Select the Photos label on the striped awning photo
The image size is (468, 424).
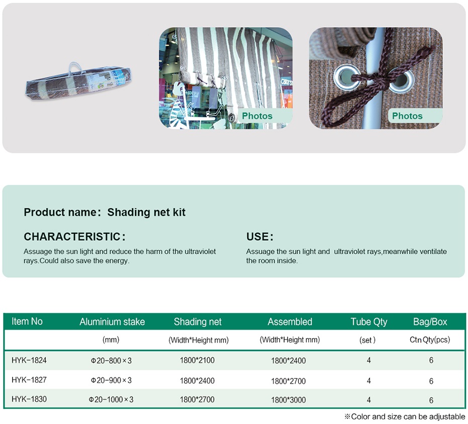coord(257,116)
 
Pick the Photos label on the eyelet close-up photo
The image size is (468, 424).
coord(407,116)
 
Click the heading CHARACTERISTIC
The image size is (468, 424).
coord(74,237)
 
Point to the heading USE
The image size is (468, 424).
coord(259,237)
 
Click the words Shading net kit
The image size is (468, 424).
coord(146,212)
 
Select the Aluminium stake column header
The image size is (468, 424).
coord(112,322)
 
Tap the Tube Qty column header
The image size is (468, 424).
coord(368,322)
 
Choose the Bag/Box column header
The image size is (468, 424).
coord(430,322)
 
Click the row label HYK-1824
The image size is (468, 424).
coord(29,360)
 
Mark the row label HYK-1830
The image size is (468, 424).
coord(29,399)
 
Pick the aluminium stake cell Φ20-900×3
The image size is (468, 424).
coord(111,380)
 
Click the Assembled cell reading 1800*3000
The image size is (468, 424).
coord(289,400)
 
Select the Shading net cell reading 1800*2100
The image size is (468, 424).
coord(197,360)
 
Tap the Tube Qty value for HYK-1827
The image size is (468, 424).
coord(368,381)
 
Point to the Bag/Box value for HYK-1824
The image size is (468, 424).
coord(431,360)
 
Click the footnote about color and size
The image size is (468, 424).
coord(405,416)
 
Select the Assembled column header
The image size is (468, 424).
coord(290,322)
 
